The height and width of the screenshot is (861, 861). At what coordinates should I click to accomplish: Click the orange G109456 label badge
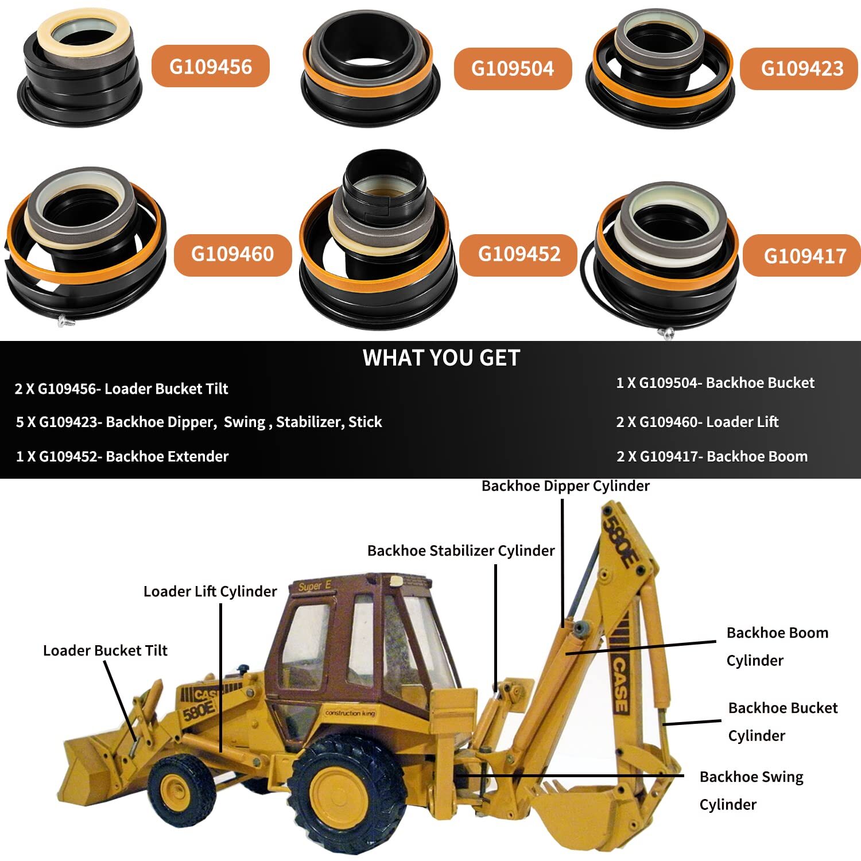pos(210,66)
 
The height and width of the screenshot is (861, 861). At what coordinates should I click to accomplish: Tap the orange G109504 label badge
pos(513,68)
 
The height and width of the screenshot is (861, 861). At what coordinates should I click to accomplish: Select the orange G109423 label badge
pos(801,68)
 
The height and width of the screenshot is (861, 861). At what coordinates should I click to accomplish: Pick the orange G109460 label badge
pos(232,254)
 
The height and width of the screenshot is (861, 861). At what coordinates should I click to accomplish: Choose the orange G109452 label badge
pos(518,254)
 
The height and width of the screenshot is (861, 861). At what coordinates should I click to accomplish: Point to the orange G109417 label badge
pos(804,255)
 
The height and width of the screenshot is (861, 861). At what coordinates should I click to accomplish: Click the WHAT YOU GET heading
pos(441,358)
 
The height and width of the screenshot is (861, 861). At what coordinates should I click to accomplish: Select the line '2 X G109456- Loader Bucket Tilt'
pos(121,389)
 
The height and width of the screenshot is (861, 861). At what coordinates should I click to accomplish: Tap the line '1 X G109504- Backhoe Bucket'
pos(715,383)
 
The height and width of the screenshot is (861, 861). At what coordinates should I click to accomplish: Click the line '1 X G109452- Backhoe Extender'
pos(122,456)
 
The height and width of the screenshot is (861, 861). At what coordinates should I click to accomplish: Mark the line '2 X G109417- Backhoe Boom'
pos(712,456)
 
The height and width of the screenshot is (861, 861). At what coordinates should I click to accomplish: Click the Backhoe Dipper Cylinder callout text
pos(565,486)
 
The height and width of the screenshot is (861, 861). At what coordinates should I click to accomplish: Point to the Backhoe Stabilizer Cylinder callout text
pos(460,551)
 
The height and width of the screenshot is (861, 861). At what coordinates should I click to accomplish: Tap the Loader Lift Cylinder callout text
pos(210,591)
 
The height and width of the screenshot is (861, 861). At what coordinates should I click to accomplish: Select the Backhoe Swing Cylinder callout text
pos(751,790)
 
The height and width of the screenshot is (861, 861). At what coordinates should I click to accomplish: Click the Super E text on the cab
pos(314,586)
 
